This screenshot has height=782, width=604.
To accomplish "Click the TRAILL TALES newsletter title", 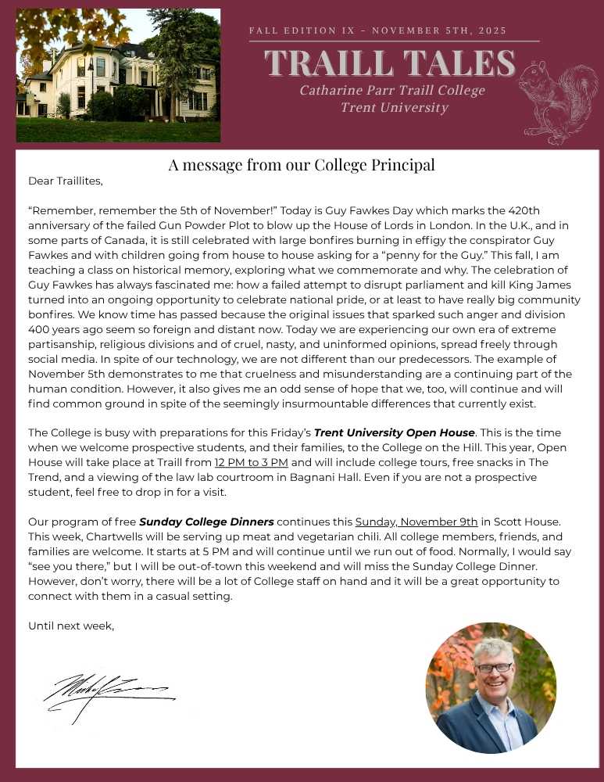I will tap(390, 63).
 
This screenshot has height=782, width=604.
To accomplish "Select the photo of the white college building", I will tap(118, 76).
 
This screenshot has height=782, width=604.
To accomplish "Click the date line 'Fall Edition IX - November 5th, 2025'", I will tap(377, 30).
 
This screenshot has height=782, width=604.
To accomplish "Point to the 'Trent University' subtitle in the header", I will tap(394, 107).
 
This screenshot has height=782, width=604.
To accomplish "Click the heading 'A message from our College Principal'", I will tap(302, 165).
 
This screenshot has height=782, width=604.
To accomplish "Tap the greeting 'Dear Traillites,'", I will tap(65, 181).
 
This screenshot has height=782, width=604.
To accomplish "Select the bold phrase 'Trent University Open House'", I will tap(394, 432).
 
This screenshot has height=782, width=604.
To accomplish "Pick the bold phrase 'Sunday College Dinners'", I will tap(206, 522).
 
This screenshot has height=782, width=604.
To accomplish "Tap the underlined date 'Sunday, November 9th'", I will tap(416, 522).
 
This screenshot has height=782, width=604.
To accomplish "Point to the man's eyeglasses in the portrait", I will tap(494, 668).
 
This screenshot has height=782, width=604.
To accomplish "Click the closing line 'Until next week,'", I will tap(71, 626).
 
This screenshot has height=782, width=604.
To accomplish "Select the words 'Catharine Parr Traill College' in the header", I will tap(392, 90).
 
